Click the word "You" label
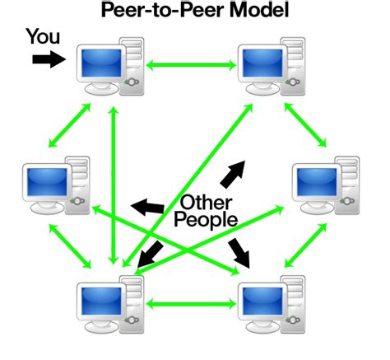click(x=44, y=36)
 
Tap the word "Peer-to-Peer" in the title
click(x=158, y=12)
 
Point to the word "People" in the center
click(x=207, y=220)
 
